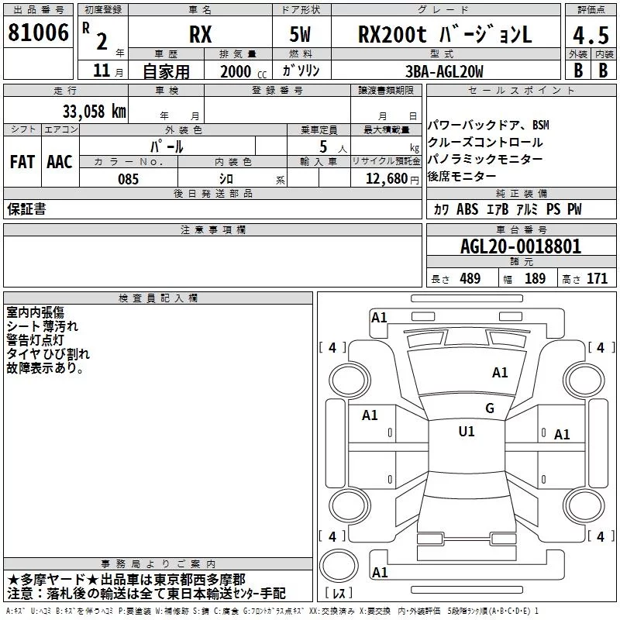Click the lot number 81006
pyautogui.click(x=38, y=33)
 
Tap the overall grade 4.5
pyautogui.click(x=591, y=36)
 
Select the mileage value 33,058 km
pyautogui.click(x=94, y=112)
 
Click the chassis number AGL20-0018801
pyautogui.click(x=521, y=246)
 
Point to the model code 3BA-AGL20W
pyautogui.click(x=444, y=71)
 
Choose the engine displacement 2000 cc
pyautogui.click(x=243, y=71)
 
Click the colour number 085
pyautogui.click(x=129, y=179)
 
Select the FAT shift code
pyautogui.click(x=22, y=162)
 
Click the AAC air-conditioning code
pyautogui.click(x=60, y=162)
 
